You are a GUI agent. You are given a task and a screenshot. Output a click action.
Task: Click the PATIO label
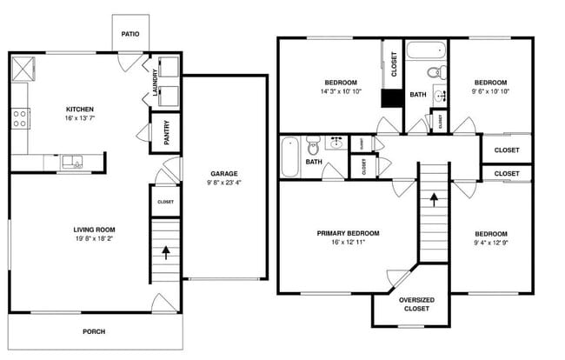click(x=130, y=35)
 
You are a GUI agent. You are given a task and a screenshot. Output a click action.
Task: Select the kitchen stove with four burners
click(x=20, y=117)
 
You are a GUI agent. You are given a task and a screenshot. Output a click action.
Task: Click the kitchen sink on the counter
click(x=70, y=162)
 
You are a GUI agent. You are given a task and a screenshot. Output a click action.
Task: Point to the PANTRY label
click(x=166, y=133)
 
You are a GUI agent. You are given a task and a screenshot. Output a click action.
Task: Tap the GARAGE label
click(x=223, y=173)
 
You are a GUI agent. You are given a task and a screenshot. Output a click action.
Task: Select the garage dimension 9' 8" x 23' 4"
click(x=223, y=183)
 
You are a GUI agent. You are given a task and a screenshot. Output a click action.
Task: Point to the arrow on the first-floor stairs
click(x=165, y=252)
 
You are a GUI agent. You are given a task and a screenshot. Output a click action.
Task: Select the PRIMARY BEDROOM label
click(x=348, y=233)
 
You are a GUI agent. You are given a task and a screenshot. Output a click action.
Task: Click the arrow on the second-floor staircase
click(x=433, y=200)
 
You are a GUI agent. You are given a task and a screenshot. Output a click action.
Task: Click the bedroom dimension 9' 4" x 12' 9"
click(x=491, y=243)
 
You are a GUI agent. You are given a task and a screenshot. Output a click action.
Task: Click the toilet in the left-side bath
click(x=314, y=159)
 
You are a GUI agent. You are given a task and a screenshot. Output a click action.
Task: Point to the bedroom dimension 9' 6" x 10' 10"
click(x=491, y=91)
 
